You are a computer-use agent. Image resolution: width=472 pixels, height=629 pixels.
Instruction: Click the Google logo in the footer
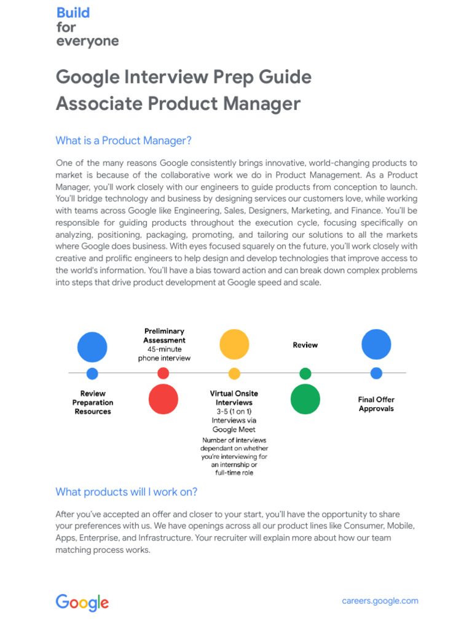click(x=82, y=603)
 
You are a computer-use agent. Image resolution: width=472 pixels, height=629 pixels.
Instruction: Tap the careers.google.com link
click(x=380, y=601)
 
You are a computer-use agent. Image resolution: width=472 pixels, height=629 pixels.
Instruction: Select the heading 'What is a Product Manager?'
click(x=124, y=141)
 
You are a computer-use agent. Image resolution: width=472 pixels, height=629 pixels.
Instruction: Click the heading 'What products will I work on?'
click(x=127, y=492)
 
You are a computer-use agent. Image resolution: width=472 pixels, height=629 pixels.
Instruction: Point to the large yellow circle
click(x=234, y=344)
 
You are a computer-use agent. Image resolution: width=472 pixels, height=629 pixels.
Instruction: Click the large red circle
click(x=163, y=399)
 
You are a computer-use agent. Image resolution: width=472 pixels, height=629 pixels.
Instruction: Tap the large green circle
click(x=305, y=399)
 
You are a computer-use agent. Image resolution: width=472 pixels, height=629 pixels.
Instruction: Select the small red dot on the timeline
click(x=163, y=373)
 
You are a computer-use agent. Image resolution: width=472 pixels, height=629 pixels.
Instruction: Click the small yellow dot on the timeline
click(x=234, y=373)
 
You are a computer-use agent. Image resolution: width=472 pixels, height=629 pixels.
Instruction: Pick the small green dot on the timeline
click(x=305, y=373)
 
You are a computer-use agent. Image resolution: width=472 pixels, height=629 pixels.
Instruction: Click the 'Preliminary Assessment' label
click(x=164, y=335)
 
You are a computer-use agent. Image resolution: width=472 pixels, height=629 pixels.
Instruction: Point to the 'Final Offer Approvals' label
click(x=376, y=404)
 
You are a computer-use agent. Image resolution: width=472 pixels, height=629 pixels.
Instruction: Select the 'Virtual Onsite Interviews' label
click(x=234, y=397)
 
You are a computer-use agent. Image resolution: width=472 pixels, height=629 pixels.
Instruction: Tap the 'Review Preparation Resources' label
click(x=93, y=402)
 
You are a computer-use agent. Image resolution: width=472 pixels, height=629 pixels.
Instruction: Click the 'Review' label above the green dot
click(x=305, y=345)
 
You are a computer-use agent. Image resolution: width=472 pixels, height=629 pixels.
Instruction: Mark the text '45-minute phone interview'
click(x=164, y=353)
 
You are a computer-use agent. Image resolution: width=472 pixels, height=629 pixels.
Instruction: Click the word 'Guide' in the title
click(x=288, y=77)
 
